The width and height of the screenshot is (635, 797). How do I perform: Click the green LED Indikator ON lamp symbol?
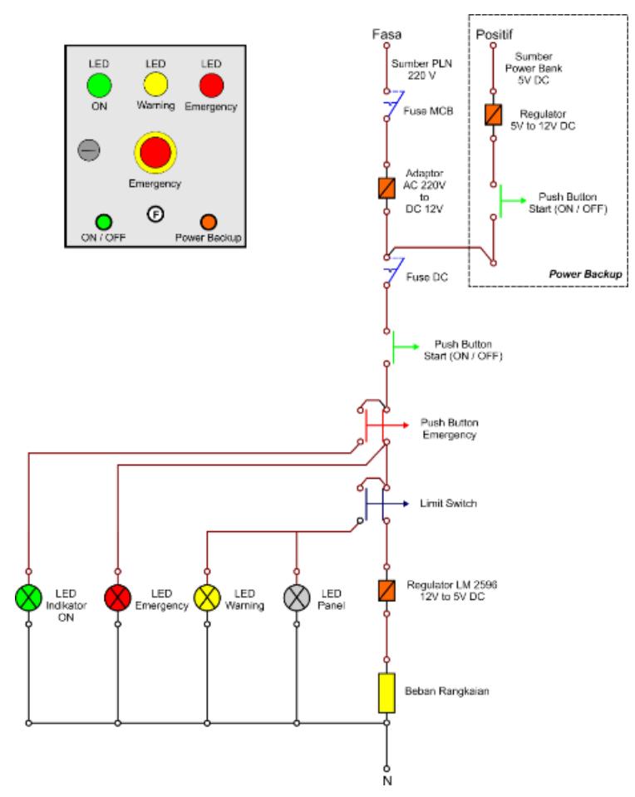(x=28, y=598)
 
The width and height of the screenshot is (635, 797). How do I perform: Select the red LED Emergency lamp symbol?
(x=117, y=598)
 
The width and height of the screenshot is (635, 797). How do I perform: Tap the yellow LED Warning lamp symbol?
(x=207, y=598)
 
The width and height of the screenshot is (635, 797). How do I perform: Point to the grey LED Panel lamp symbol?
(x=297, y=598)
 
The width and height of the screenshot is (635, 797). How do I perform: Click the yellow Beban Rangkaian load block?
(x=386, y=693)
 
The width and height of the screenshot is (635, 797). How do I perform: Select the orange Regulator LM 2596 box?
(x=386, y=590)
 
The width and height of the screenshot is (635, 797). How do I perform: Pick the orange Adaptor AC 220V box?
(x=386, y=188)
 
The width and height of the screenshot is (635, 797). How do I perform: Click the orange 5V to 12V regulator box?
(x=493, y=115)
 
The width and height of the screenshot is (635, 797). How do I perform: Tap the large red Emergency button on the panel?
(x=155, y=152)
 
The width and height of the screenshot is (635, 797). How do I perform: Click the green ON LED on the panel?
(x=99, y=85)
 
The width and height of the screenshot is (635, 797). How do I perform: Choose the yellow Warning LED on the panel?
(x=155, y=85)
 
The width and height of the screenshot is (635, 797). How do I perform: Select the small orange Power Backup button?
(x=209, y=222)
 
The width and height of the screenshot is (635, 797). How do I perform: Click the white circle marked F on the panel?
(x=155, y=214)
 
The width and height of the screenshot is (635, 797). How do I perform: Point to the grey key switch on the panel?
(x=89, y=150)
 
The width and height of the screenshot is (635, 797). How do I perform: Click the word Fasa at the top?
(x=386, y=34)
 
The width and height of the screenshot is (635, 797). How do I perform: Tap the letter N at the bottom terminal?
(x=386, y=780)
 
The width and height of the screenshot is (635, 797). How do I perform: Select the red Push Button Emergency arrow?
(x=387, y=425)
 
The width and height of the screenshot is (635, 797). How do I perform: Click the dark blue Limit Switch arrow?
(x=387, y=504)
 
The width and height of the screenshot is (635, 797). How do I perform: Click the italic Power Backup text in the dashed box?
(x=586, y=274)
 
